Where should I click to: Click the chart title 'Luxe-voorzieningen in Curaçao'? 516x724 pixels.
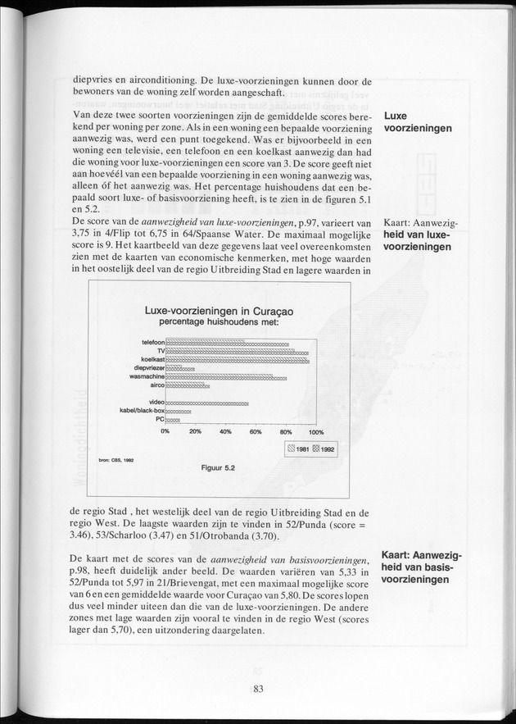(219, 311)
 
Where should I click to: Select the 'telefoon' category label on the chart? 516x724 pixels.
(153, 342)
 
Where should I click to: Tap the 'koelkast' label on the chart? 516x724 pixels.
(153, 360)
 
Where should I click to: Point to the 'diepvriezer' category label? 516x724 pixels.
(150, 368)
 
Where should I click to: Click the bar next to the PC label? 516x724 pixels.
(172, 419)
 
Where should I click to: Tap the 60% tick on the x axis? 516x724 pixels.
(256, 431)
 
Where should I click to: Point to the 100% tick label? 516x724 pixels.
(316, 431)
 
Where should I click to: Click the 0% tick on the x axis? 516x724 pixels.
(165, 431)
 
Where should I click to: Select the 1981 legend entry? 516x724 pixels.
(296, 449)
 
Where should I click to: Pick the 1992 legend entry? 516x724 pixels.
(323, 449)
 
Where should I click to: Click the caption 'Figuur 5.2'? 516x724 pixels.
(218, 468)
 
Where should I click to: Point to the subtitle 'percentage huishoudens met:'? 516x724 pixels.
(219, 321)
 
